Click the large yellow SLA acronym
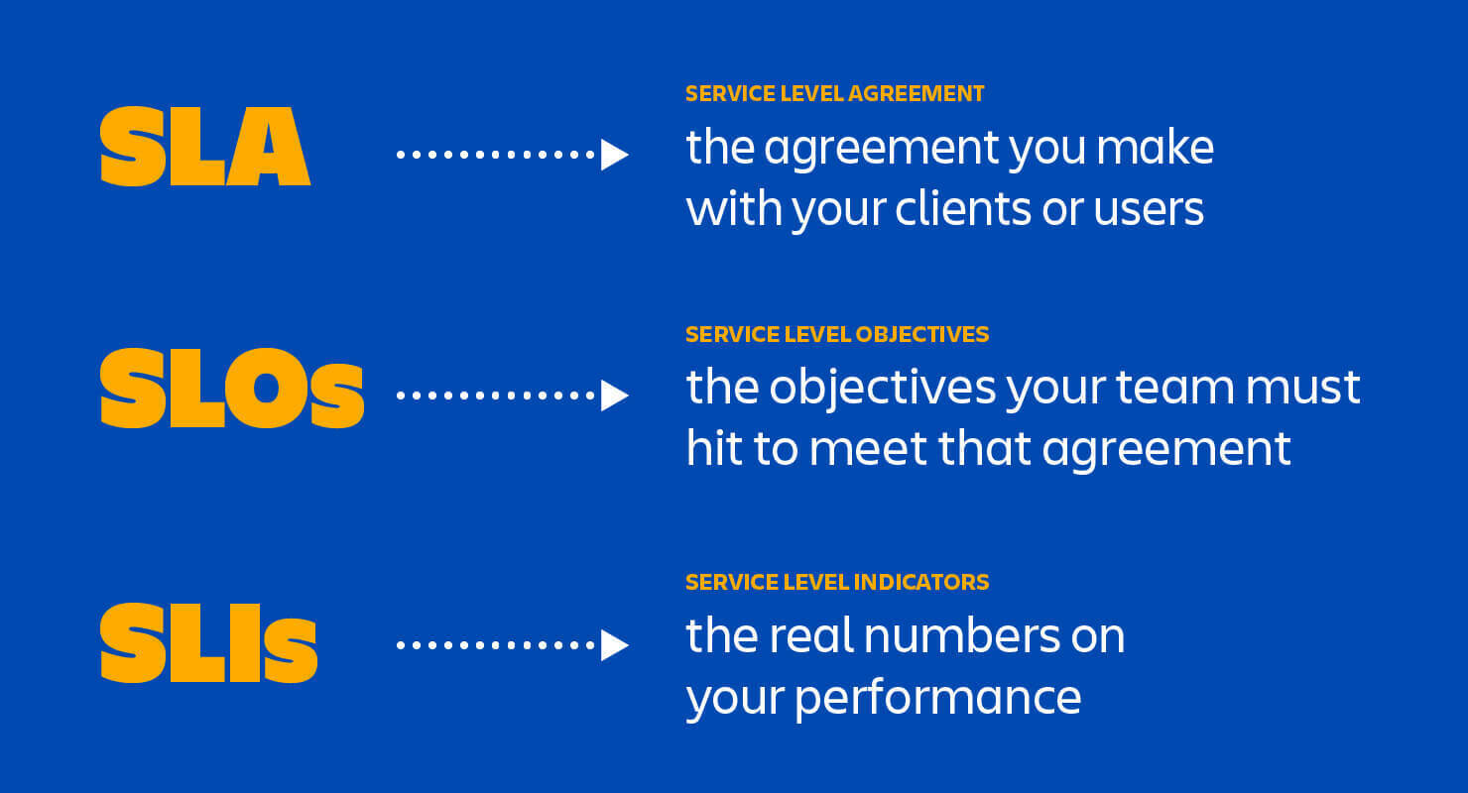pyautogui.click(x=205, y=148)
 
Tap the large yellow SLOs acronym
pyautogui.click(x=232, y=390)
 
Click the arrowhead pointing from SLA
pyautogui.click(x=614, y=155)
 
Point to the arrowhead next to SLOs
pyautogui.click(x=614, y=396)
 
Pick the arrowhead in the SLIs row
pyautogui.click(x=614, y=645)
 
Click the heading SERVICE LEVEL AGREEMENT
pyautogui.click(x=834, y=94)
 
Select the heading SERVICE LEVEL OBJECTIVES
pyautogui.click(x=836, y=334)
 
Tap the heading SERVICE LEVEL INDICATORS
pyautogui.click(x=836, y=582)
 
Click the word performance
pyautogui.click(x=937, y=698)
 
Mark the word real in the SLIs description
pyautogui.click(x=802, y=635)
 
